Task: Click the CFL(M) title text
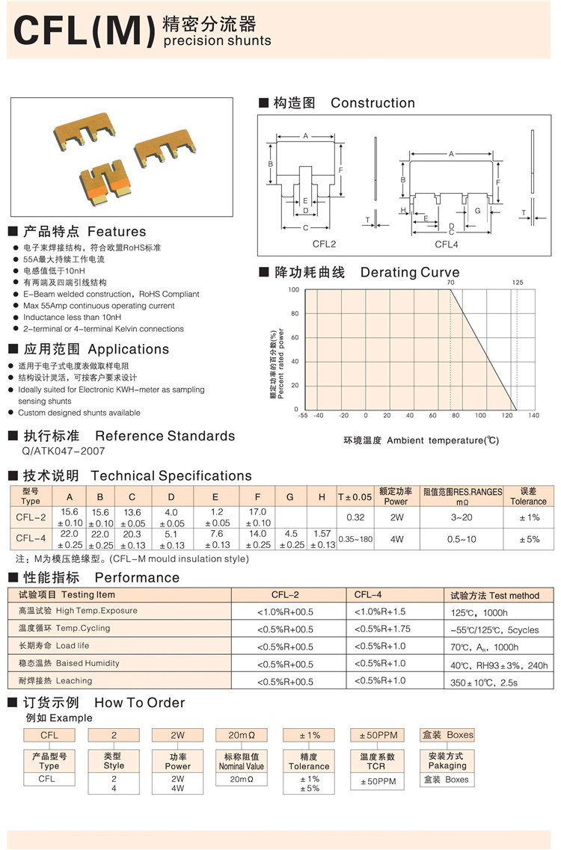pyautogui.click(x=84, y=31)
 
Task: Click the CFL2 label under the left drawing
pyautogui.click(x=324, y=244)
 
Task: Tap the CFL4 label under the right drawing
pyautogui.click(x=447, y=244)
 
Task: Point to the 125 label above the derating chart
pyautogui.click(x=518, y=283)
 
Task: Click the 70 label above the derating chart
pyautogui.click(x=450, y=283)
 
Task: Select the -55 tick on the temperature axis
pyautogui.click(x=302, y=416)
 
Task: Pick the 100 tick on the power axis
pyautogui.click(x=293, y=290)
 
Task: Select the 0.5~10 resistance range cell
pyautogui.click(x=462, y=539)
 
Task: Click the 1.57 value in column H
pyautogui.click(x=322, y=534)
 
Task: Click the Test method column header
pyautogui.click(x=494, y=595)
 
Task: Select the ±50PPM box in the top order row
pyautogui.click(x=378, y=736)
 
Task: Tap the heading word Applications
pyautogui.click(x=129, y=349)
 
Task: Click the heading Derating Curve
pyautogui.click(x=410, y=272)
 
